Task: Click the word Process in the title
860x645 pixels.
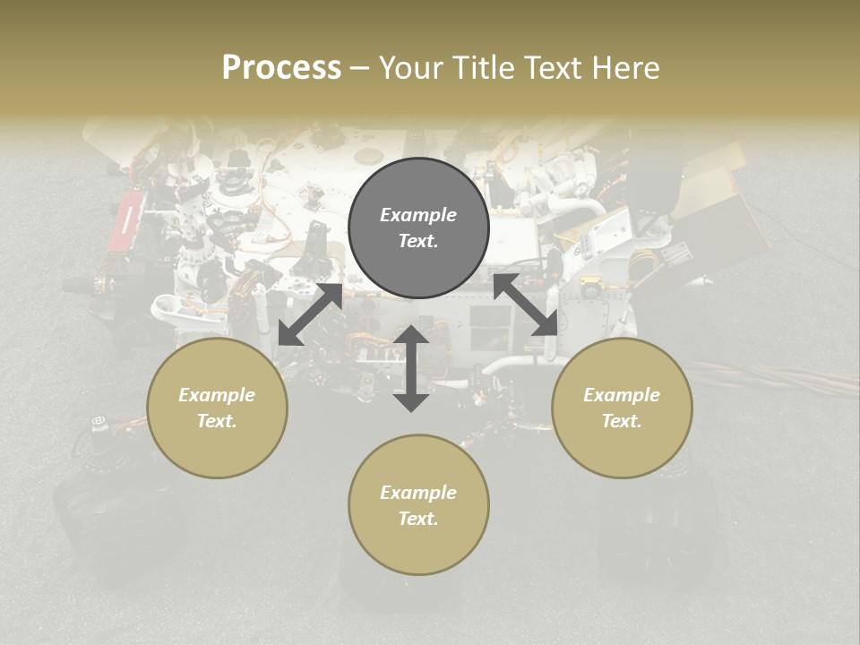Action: tap(281, 68)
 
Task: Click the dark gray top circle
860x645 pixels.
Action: tap(418, 228)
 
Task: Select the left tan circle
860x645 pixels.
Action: tap(217, 408)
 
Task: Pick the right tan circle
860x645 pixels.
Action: tap(622, 408)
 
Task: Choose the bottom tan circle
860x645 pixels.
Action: tap(418, 504)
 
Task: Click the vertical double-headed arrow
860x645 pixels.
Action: tap(411, 368)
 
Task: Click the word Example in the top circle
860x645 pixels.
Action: tap(418, 215)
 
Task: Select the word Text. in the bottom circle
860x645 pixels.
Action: tap(418, 519)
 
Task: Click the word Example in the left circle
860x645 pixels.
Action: tap(217, 395)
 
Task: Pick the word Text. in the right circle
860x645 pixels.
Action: tap(622, 421)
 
